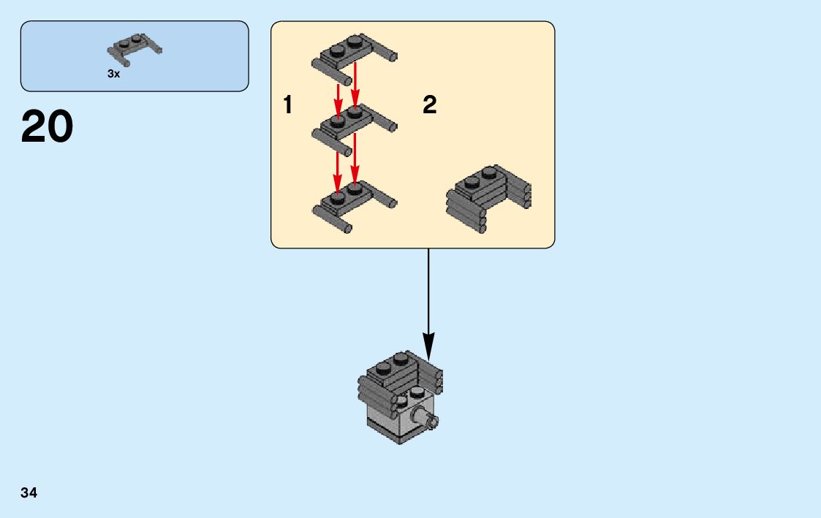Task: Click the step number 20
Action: click(x=48, y=126)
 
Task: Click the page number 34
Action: click(x=29, y=492)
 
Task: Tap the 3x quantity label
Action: click(x=113, y=74)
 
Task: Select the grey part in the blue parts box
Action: click(x=135, y=46)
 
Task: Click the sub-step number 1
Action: click(x=288, y=105)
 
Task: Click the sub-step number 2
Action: click(x=429, y=105)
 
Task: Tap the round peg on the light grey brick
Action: click(x=427, y=419)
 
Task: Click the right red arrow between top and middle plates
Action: click(x=355, y=84)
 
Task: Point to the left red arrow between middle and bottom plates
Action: click(x=338, y=172)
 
